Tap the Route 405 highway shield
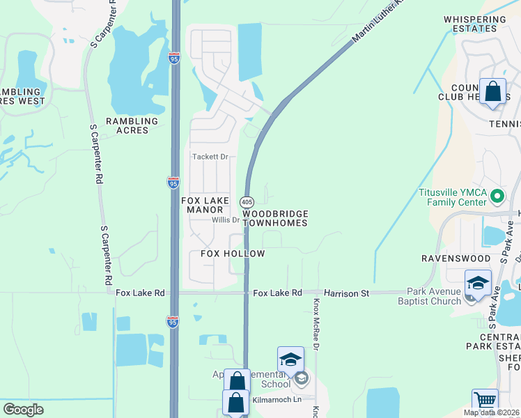[247, 201]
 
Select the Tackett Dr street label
[210, 157]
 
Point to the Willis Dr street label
[226, 220]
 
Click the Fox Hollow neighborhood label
[233, 254]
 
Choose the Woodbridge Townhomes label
[275, 218]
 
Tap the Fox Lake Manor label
[205, 205]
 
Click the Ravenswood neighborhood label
[452, 258]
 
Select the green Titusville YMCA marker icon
[497, 196]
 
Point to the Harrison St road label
[345, 293]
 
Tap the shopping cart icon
[485, 401]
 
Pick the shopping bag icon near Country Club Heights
[492, 91]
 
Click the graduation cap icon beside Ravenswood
[478, 283]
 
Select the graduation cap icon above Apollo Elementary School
[290, 359]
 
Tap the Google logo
[23, 410]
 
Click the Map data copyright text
[491, 412]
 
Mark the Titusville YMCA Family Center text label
[452, 197]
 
